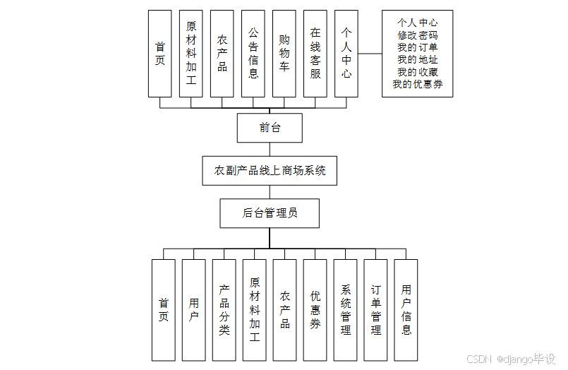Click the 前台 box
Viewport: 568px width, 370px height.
point(270,128)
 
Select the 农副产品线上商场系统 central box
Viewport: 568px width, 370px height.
point(270,170)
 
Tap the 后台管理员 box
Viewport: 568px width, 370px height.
point(270,213)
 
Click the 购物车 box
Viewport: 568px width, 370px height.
point(284,54)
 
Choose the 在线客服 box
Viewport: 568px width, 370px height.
point(315,54)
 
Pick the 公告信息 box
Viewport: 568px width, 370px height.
point(253,54)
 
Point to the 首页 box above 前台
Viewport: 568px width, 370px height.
point(160,54)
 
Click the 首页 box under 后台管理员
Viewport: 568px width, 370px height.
point(164,310)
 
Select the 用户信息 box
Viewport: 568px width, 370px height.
point(406,310)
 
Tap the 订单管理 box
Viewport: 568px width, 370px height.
point(375,310)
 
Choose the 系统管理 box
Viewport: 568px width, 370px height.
point(345,310)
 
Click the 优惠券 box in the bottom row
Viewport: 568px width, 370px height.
point(315,310)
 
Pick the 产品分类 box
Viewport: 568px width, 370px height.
point(224,310)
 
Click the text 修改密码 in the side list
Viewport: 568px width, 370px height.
point(417,35)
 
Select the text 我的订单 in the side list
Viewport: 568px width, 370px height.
point(417,47)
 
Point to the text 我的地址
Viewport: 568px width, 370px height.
point(417,59)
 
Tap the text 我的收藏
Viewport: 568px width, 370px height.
point(417,71)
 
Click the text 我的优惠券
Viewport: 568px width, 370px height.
point(417,84)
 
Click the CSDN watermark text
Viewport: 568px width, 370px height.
point(478,359)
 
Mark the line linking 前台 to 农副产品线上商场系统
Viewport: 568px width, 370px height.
point(270,149)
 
